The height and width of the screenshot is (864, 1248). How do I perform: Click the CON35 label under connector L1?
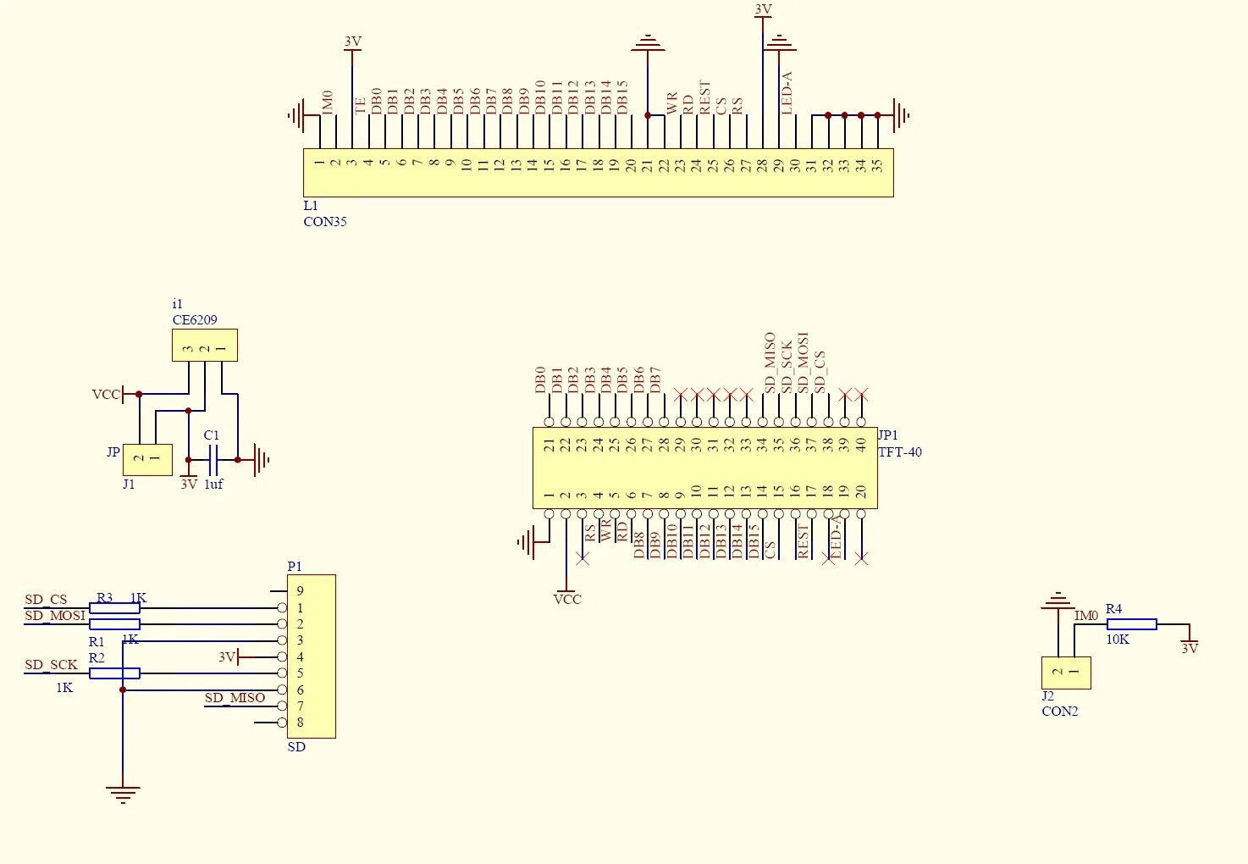tap(325, 222)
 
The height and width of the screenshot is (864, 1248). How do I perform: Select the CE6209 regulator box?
tap(204, 346)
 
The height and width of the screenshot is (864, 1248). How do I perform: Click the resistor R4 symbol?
tap(1131, 624)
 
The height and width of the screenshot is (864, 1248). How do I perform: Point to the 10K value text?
tap(1118, 640)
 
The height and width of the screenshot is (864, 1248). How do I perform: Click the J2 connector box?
tap(1066, 673)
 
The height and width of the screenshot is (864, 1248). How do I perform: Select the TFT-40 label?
tap(900, 452)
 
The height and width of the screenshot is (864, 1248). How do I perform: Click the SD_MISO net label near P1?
tap(235, 698)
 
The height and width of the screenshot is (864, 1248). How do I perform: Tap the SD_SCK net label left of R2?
tap(51, 665)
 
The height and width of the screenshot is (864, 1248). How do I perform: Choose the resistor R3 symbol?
tap(114, 608)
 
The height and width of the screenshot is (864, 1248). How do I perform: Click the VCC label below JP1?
tap(567, 600)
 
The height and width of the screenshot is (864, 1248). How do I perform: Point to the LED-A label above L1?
tap(787, 92)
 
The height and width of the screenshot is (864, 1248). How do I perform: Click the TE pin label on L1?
tap(361, 105)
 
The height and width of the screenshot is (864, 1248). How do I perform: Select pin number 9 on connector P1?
tap(300, 591)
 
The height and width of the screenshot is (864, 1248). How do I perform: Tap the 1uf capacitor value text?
tap(213, 485)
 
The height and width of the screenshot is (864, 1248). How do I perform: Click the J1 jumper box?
tap(147, 459)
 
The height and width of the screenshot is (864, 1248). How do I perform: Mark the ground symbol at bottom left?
tap(123, 795)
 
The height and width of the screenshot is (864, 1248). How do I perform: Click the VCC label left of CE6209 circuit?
tap(106, 395)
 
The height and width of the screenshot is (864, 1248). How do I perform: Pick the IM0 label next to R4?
tap(1086, 616)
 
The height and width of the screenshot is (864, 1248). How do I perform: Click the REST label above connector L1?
tap(704, 97)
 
